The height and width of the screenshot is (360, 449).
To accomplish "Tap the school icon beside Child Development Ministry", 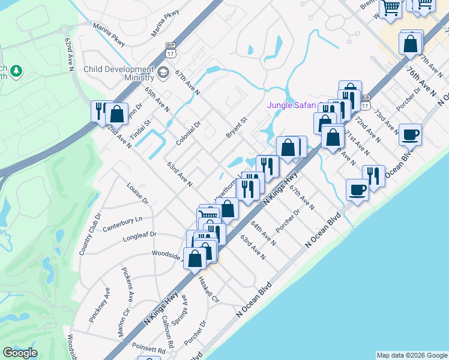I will pos(163,73).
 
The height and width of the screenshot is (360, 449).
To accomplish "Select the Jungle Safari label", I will pos(291,106).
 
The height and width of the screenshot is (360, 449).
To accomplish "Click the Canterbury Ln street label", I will pos(123,224).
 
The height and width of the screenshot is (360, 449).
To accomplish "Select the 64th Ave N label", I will pos(264,233).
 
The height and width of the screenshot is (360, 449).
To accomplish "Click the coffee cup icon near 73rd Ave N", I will pos(411,135).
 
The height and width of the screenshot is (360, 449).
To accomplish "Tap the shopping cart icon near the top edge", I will pos(391,8).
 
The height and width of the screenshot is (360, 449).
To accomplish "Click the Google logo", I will pos(20,353).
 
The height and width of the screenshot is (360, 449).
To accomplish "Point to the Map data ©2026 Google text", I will pos(412,355).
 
